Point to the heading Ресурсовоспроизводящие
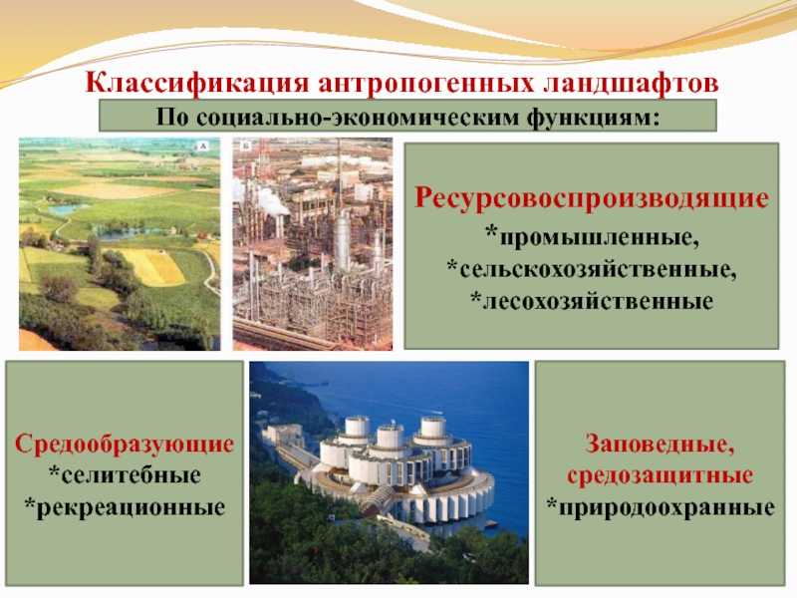[592, 199]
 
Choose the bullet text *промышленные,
[592, 238]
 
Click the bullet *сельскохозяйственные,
[592, 268]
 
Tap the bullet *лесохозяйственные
[592, 298]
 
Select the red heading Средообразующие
[125, 443]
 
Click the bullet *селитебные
[125, 471]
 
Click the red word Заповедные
[661, 443]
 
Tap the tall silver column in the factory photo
[341, 239]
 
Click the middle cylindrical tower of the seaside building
[390, 439]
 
